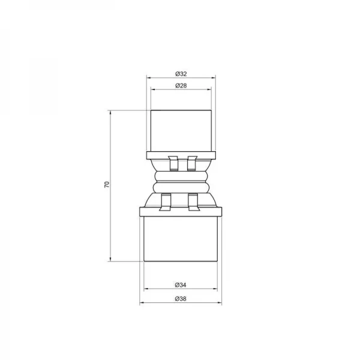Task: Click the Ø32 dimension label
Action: click(181, 73)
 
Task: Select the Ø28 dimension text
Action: click(181, 86)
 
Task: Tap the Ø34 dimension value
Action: click(181, 283)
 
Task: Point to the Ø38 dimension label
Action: click(181, 298)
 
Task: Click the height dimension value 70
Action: click(106, 185)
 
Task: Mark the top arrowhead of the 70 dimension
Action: click(111, 112)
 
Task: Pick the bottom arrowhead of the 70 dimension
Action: click(111, 259)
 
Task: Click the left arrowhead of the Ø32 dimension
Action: click(149, 77)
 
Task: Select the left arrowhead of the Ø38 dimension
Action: click(142, 302)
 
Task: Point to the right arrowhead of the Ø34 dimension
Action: click(217, 288)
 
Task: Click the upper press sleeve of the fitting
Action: click(181, 130)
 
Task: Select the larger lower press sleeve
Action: click(181, 238)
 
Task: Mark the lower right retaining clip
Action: click(193, 202)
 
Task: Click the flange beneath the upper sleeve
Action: click(181, 155)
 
